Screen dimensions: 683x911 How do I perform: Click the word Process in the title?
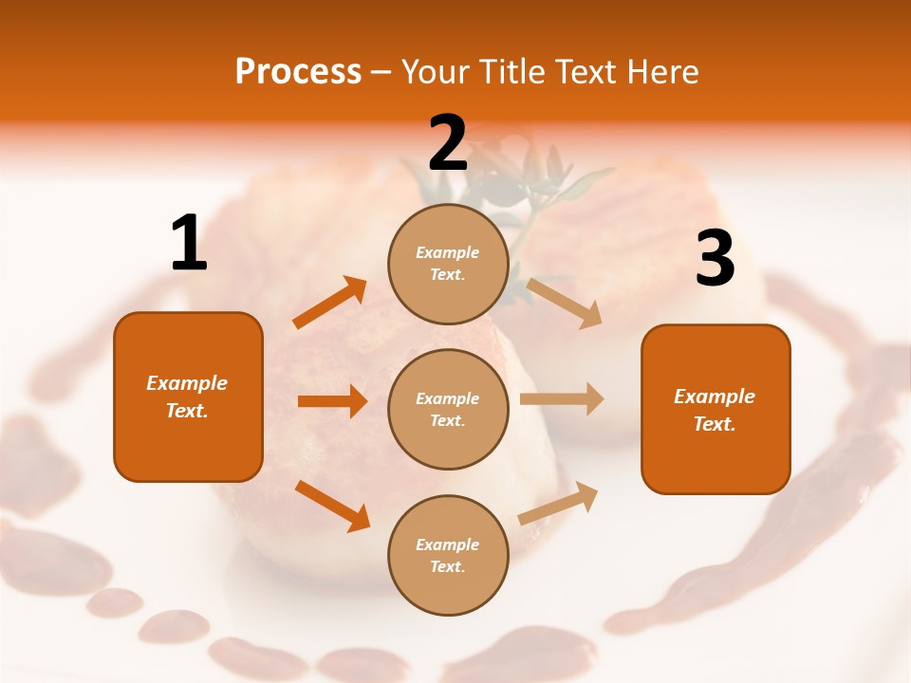298,72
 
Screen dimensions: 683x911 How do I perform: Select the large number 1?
189,244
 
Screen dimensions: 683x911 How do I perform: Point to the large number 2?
448,143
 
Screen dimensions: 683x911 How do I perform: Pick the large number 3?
715,259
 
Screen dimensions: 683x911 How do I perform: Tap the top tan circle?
448,264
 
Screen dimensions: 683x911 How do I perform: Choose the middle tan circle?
448,409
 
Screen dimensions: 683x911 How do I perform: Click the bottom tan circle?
448,555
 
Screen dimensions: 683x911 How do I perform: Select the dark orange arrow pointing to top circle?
330,303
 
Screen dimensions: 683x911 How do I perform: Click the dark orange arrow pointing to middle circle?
332,401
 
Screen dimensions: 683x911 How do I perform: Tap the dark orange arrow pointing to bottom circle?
332,506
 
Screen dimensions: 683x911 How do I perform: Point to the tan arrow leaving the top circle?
565,303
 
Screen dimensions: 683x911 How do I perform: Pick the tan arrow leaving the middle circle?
562,398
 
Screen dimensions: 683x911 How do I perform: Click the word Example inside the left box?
187,383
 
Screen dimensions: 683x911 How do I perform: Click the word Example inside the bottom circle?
447,545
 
